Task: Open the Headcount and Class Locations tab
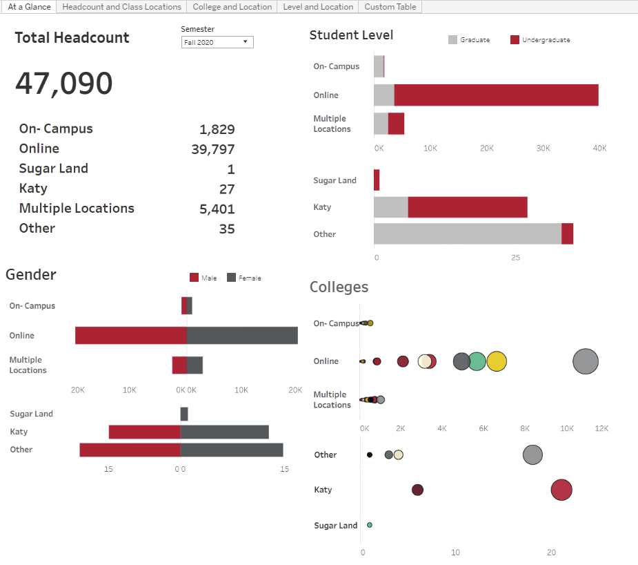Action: pyautogui.click(x=121, y=7)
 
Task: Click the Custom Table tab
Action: pyautogui.click(x=390, y=7)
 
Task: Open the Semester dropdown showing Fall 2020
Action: pyautogui.click(x=217, y=42)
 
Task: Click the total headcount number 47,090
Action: pyautogui.click(x=64, y=84)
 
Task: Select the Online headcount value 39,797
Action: pyautogui.click(x=212, y=149)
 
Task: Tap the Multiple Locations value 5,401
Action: pyautogui.click(x=217, y=209)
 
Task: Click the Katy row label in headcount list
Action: pyautogui.click(x=33, y=189)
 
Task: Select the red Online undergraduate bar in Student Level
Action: pyautogui.click(x=496, y=95)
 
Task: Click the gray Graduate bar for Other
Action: pyautogui.click(x=467, y=233)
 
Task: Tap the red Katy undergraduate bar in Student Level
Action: pyautogui.click(x=467, y=207)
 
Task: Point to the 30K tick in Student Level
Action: pyautogui.click(x=543, y=149)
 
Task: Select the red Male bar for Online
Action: pyautogui.click(x=130, y=336)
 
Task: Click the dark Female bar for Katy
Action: pyautogui.click(x=224, y=432)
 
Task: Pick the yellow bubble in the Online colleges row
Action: pyautogui.click(x=497, y=361)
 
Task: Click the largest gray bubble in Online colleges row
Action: pyautogui.click(x=586, y=361)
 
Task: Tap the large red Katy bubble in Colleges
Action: pyautogui.click(x=561, y=490)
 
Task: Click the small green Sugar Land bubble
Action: pyautogui.click(x=370, y=525)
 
